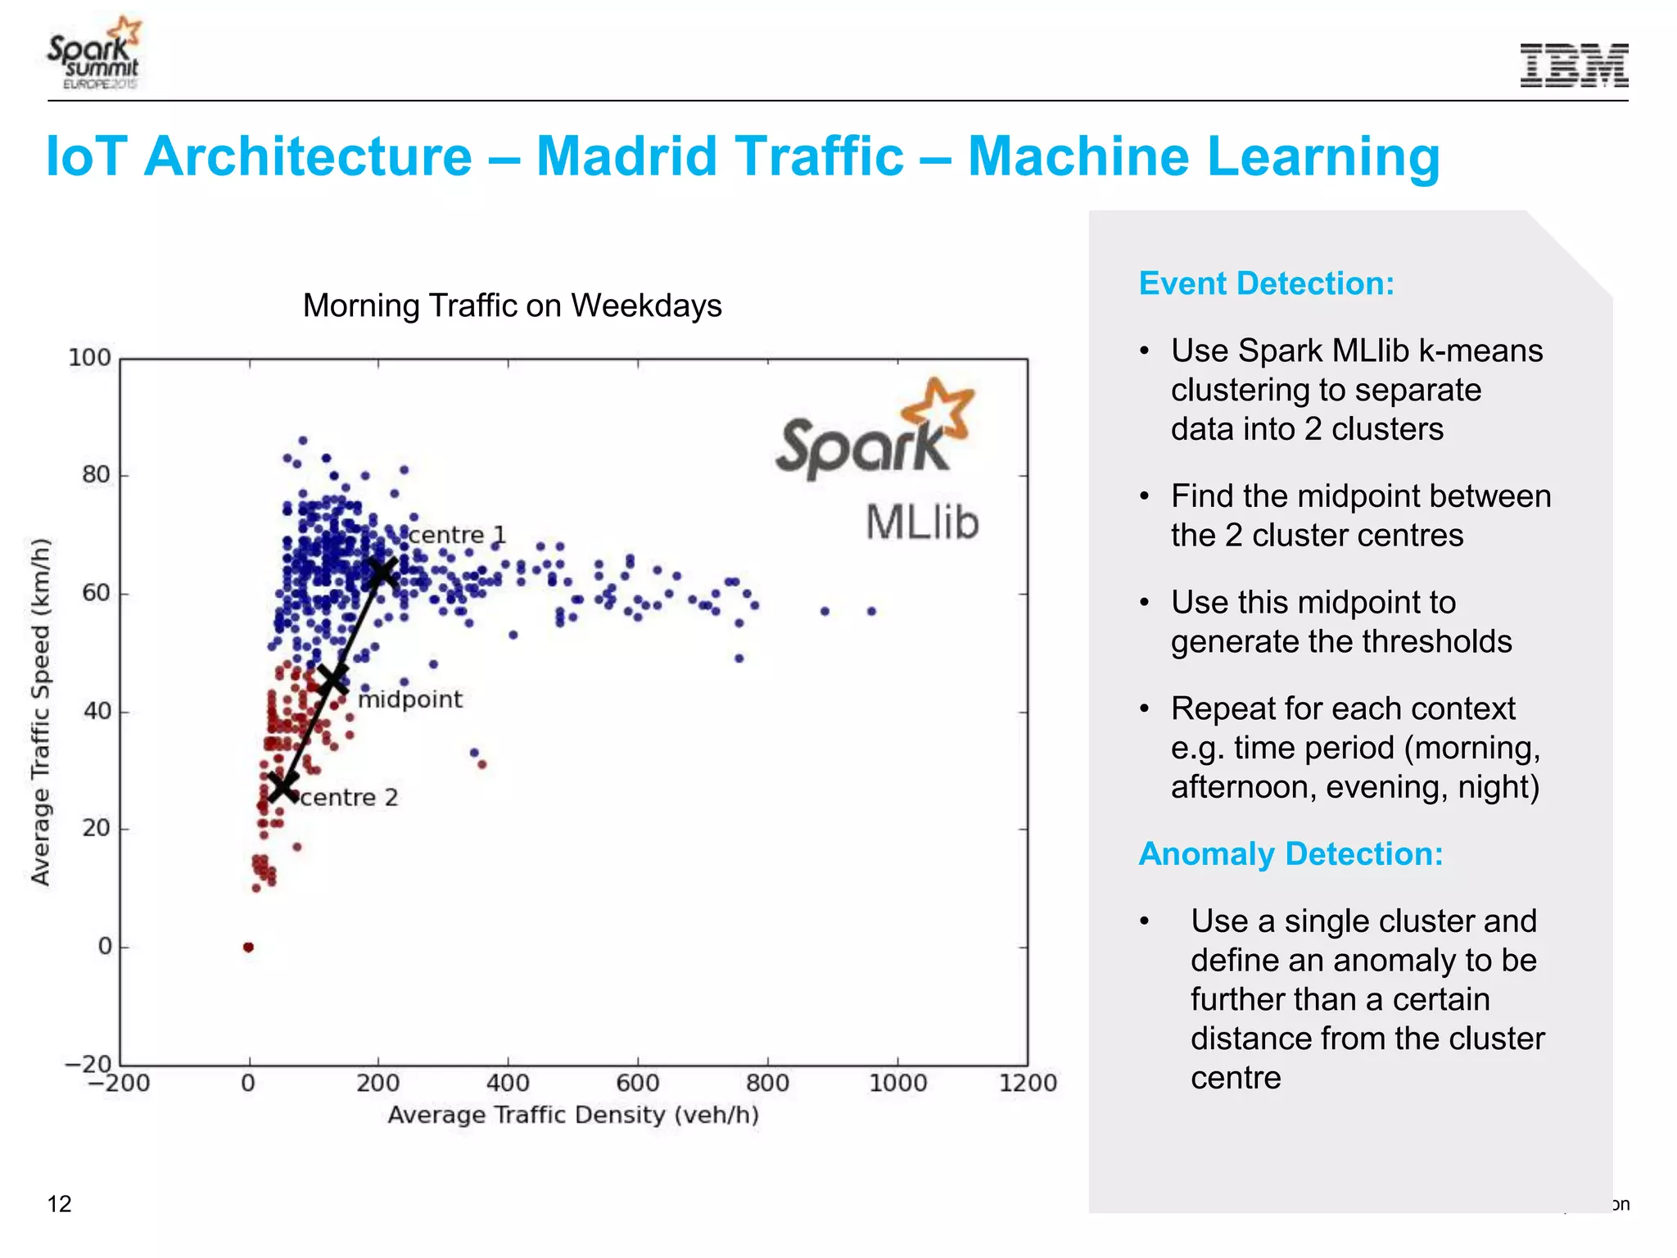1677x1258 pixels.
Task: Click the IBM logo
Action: (1574, 66)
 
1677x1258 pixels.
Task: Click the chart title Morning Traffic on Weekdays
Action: (512, 305)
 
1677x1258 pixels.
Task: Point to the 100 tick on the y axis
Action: (89, 358)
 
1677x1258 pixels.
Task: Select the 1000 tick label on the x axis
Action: (897, 1083)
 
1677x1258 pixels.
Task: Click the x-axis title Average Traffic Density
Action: (573, 1115)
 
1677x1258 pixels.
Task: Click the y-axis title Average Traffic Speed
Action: (41, 711)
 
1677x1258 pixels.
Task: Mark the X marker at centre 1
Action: (382, 573)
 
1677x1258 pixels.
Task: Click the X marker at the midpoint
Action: (332, 679)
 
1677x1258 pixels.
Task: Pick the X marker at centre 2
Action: (283, 786)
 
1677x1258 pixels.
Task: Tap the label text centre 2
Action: (349, 798)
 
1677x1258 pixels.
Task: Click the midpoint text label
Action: (410, 699)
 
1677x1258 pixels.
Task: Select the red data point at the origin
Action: (248, 948)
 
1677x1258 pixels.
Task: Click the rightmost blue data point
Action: (872, 611)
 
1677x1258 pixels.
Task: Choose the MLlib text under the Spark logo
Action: (923, 523)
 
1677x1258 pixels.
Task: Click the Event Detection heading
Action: (1266, 283)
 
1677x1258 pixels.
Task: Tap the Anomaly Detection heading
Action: (1291, 853)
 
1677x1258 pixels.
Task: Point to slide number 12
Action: (60, 1203)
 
